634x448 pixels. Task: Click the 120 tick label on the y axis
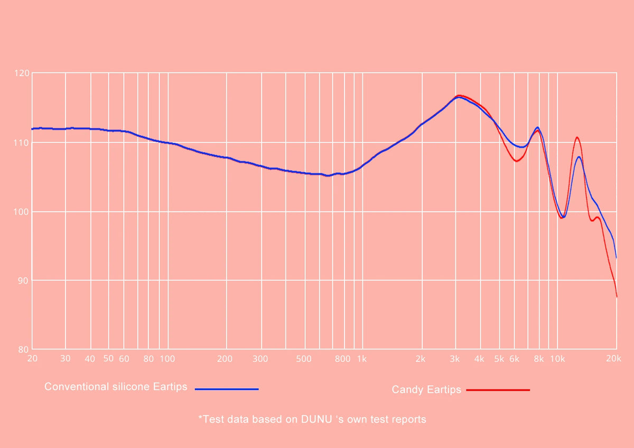(22, 73)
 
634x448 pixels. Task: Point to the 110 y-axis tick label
(22, 143)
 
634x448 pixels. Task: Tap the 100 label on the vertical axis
(22, 212)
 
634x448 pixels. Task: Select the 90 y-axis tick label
(23, 281)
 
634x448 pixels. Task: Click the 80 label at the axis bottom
(23, 350)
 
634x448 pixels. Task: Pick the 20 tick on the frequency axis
(33, 359)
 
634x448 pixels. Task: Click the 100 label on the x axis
(167, 359)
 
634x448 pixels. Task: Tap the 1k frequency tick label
(362, 359)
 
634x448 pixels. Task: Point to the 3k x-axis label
(454, 359)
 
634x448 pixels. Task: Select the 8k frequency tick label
(538, 359)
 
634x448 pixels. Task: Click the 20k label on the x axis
(613, 359)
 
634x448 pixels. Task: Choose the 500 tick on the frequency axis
(304, 359)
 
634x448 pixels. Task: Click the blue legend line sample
(227, 389)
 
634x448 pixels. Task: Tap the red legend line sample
(498, 390)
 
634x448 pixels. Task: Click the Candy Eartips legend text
(426, 390)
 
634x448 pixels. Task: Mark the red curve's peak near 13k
(577, 137)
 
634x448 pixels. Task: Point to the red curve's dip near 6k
(517, 161)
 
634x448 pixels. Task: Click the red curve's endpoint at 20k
(617, 297)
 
